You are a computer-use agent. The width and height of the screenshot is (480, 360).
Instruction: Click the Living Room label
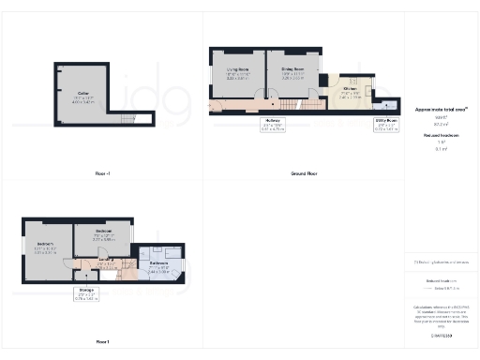pyautogui.click(x=241, y=70)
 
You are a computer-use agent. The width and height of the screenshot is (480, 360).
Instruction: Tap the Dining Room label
pyautogui.click(x=293, y=70)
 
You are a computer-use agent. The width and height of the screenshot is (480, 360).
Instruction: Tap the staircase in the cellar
pyautogui.click(x=127, y=117)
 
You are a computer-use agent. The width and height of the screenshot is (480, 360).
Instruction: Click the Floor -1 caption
pyautogui.click(x=103, y=174)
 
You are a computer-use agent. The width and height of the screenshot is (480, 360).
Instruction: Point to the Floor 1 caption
pyautogui.click(x=103, y=341)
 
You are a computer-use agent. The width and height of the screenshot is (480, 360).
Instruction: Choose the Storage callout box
pyautogui.click(x=86, y=293)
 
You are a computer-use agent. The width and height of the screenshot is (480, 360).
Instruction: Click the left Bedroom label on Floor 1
pyautogui.click(x=45, y=245)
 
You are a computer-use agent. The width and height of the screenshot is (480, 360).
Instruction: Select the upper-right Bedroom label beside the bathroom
pyautogui.click(x=103, y=231)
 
